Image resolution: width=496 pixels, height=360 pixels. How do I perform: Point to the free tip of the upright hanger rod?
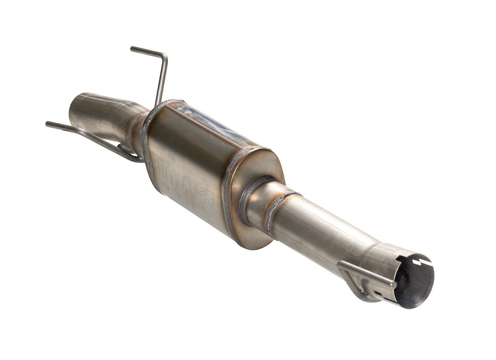coord(133,49)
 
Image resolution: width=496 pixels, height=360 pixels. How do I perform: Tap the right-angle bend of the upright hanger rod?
coord(164,57)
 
